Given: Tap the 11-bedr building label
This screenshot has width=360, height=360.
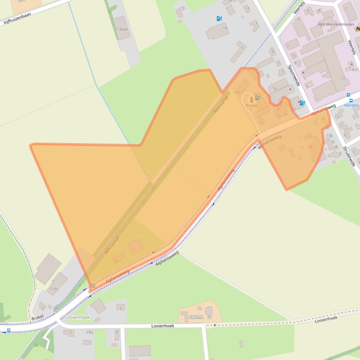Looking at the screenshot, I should click(x=121, y=29).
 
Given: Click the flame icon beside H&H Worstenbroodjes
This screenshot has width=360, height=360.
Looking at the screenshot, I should click(x=357, y=28).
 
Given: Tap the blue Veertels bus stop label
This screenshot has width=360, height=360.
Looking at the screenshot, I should click(x=351, y=105).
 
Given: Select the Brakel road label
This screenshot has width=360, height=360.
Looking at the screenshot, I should click(x=37, y=318).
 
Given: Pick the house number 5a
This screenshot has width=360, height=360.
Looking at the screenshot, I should click(x=275, y=88).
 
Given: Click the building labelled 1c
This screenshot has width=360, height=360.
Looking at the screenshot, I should click(x=242, y=48).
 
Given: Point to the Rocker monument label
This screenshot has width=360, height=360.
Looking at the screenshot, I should click(x=252, y=105).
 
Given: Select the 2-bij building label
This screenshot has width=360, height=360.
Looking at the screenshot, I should click(x=53, y=289).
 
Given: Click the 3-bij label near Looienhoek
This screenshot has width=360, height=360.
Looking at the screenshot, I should click(x=89, y=332).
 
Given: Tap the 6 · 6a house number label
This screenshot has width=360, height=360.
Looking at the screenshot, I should click(x=195, y=317).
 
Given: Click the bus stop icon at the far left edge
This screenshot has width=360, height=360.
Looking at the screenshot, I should click(x=8, y=331).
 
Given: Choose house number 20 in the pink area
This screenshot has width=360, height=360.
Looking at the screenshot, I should click(x=343, y=78).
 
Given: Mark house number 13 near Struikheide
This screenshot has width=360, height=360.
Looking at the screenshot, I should click(x=337, y=116).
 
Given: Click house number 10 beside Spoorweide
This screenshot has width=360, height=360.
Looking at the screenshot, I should click(x=293, y=55).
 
